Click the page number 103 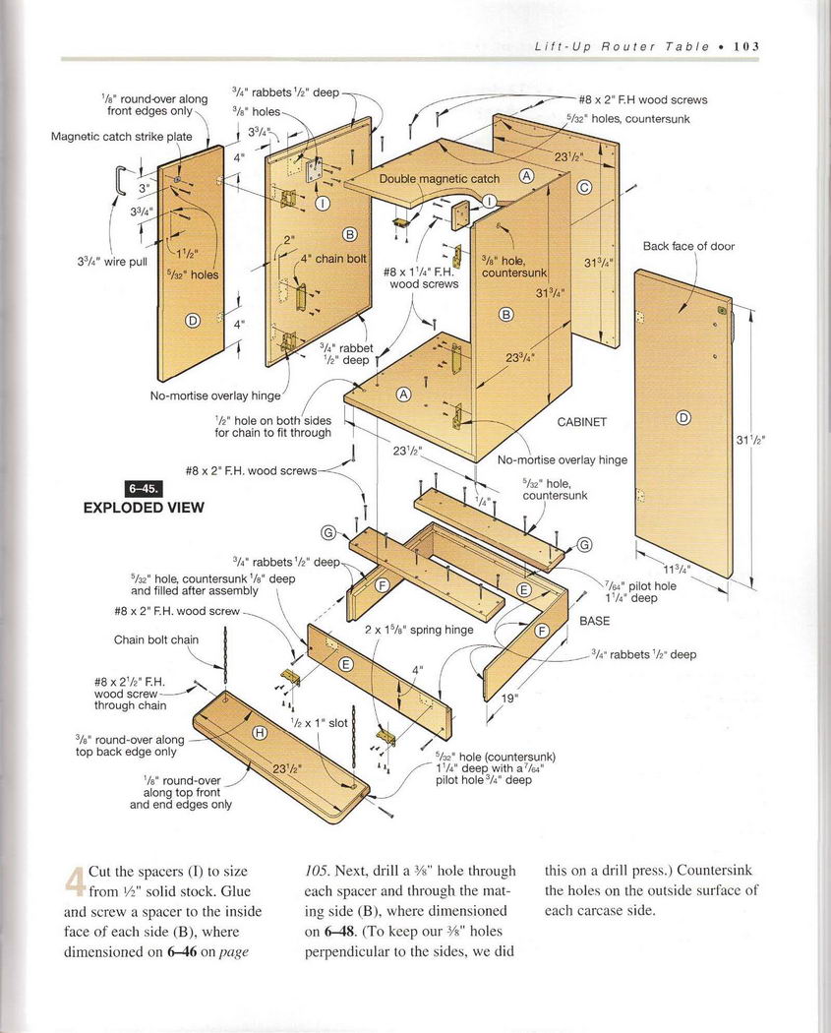742,46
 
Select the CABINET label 582,422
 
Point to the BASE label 594,621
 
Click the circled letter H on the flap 260,732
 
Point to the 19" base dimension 509,699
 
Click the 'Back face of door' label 688,246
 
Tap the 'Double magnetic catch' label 440,179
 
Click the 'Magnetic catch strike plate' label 122,137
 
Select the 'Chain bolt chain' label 156,639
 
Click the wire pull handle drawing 120,180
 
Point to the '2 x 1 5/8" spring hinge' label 419,630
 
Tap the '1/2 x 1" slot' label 320,722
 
